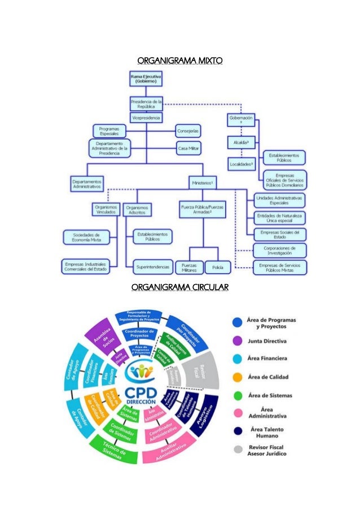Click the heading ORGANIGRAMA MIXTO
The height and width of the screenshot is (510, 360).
[x=180, y=59]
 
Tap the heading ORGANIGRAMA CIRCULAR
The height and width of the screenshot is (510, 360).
[x=180, y=289]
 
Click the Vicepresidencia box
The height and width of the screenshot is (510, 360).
[x=146, y=118]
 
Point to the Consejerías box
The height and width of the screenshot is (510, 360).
[x=188, y=130]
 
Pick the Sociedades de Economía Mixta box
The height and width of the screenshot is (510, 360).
[x=82, y=236]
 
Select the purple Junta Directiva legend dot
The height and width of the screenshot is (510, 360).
[x=238, y=341]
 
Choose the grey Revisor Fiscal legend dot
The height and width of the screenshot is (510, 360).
[x=238, y=450]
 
